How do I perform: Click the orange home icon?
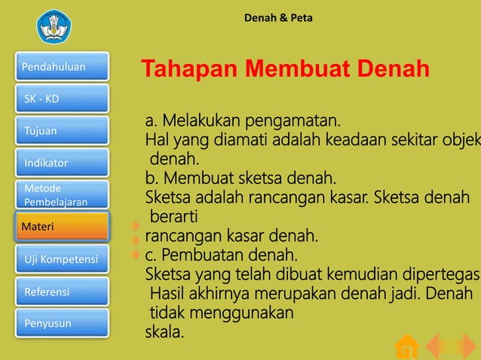pos(407,346)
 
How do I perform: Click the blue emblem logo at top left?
pos(54,26)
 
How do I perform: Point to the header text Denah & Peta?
pos(278,17)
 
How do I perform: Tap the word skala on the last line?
pos(164,330)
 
